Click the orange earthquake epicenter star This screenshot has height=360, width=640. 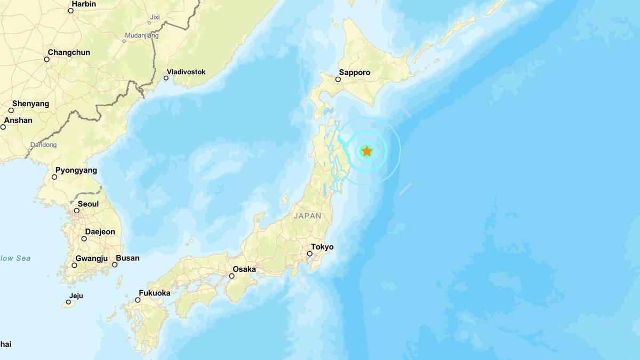367,151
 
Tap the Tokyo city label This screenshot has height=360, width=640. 322,247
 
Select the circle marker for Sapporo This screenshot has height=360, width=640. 338,79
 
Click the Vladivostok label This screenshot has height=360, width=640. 186,72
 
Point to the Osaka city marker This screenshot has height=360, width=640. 232,276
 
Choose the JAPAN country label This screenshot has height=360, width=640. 308,216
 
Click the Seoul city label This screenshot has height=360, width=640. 88,204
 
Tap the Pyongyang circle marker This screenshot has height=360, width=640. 54,177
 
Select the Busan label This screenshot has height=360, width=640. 127,258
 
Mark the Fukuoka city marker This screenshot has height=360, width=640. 137,300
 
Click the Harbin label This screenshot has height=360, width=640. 83,4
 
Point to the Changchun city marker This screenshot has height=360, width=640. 47,59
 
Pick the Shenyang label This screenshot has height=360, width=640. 30,103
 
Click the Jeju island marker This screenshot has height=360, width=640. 68,302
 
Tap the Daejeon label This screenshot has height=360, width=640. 100,231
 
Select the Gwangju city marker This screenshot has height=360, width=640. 75,265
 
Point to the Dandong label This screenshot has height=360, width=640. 43,145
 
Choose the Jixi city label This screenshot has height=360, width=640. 155,17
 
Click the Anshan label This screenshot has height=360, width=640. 18,121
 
